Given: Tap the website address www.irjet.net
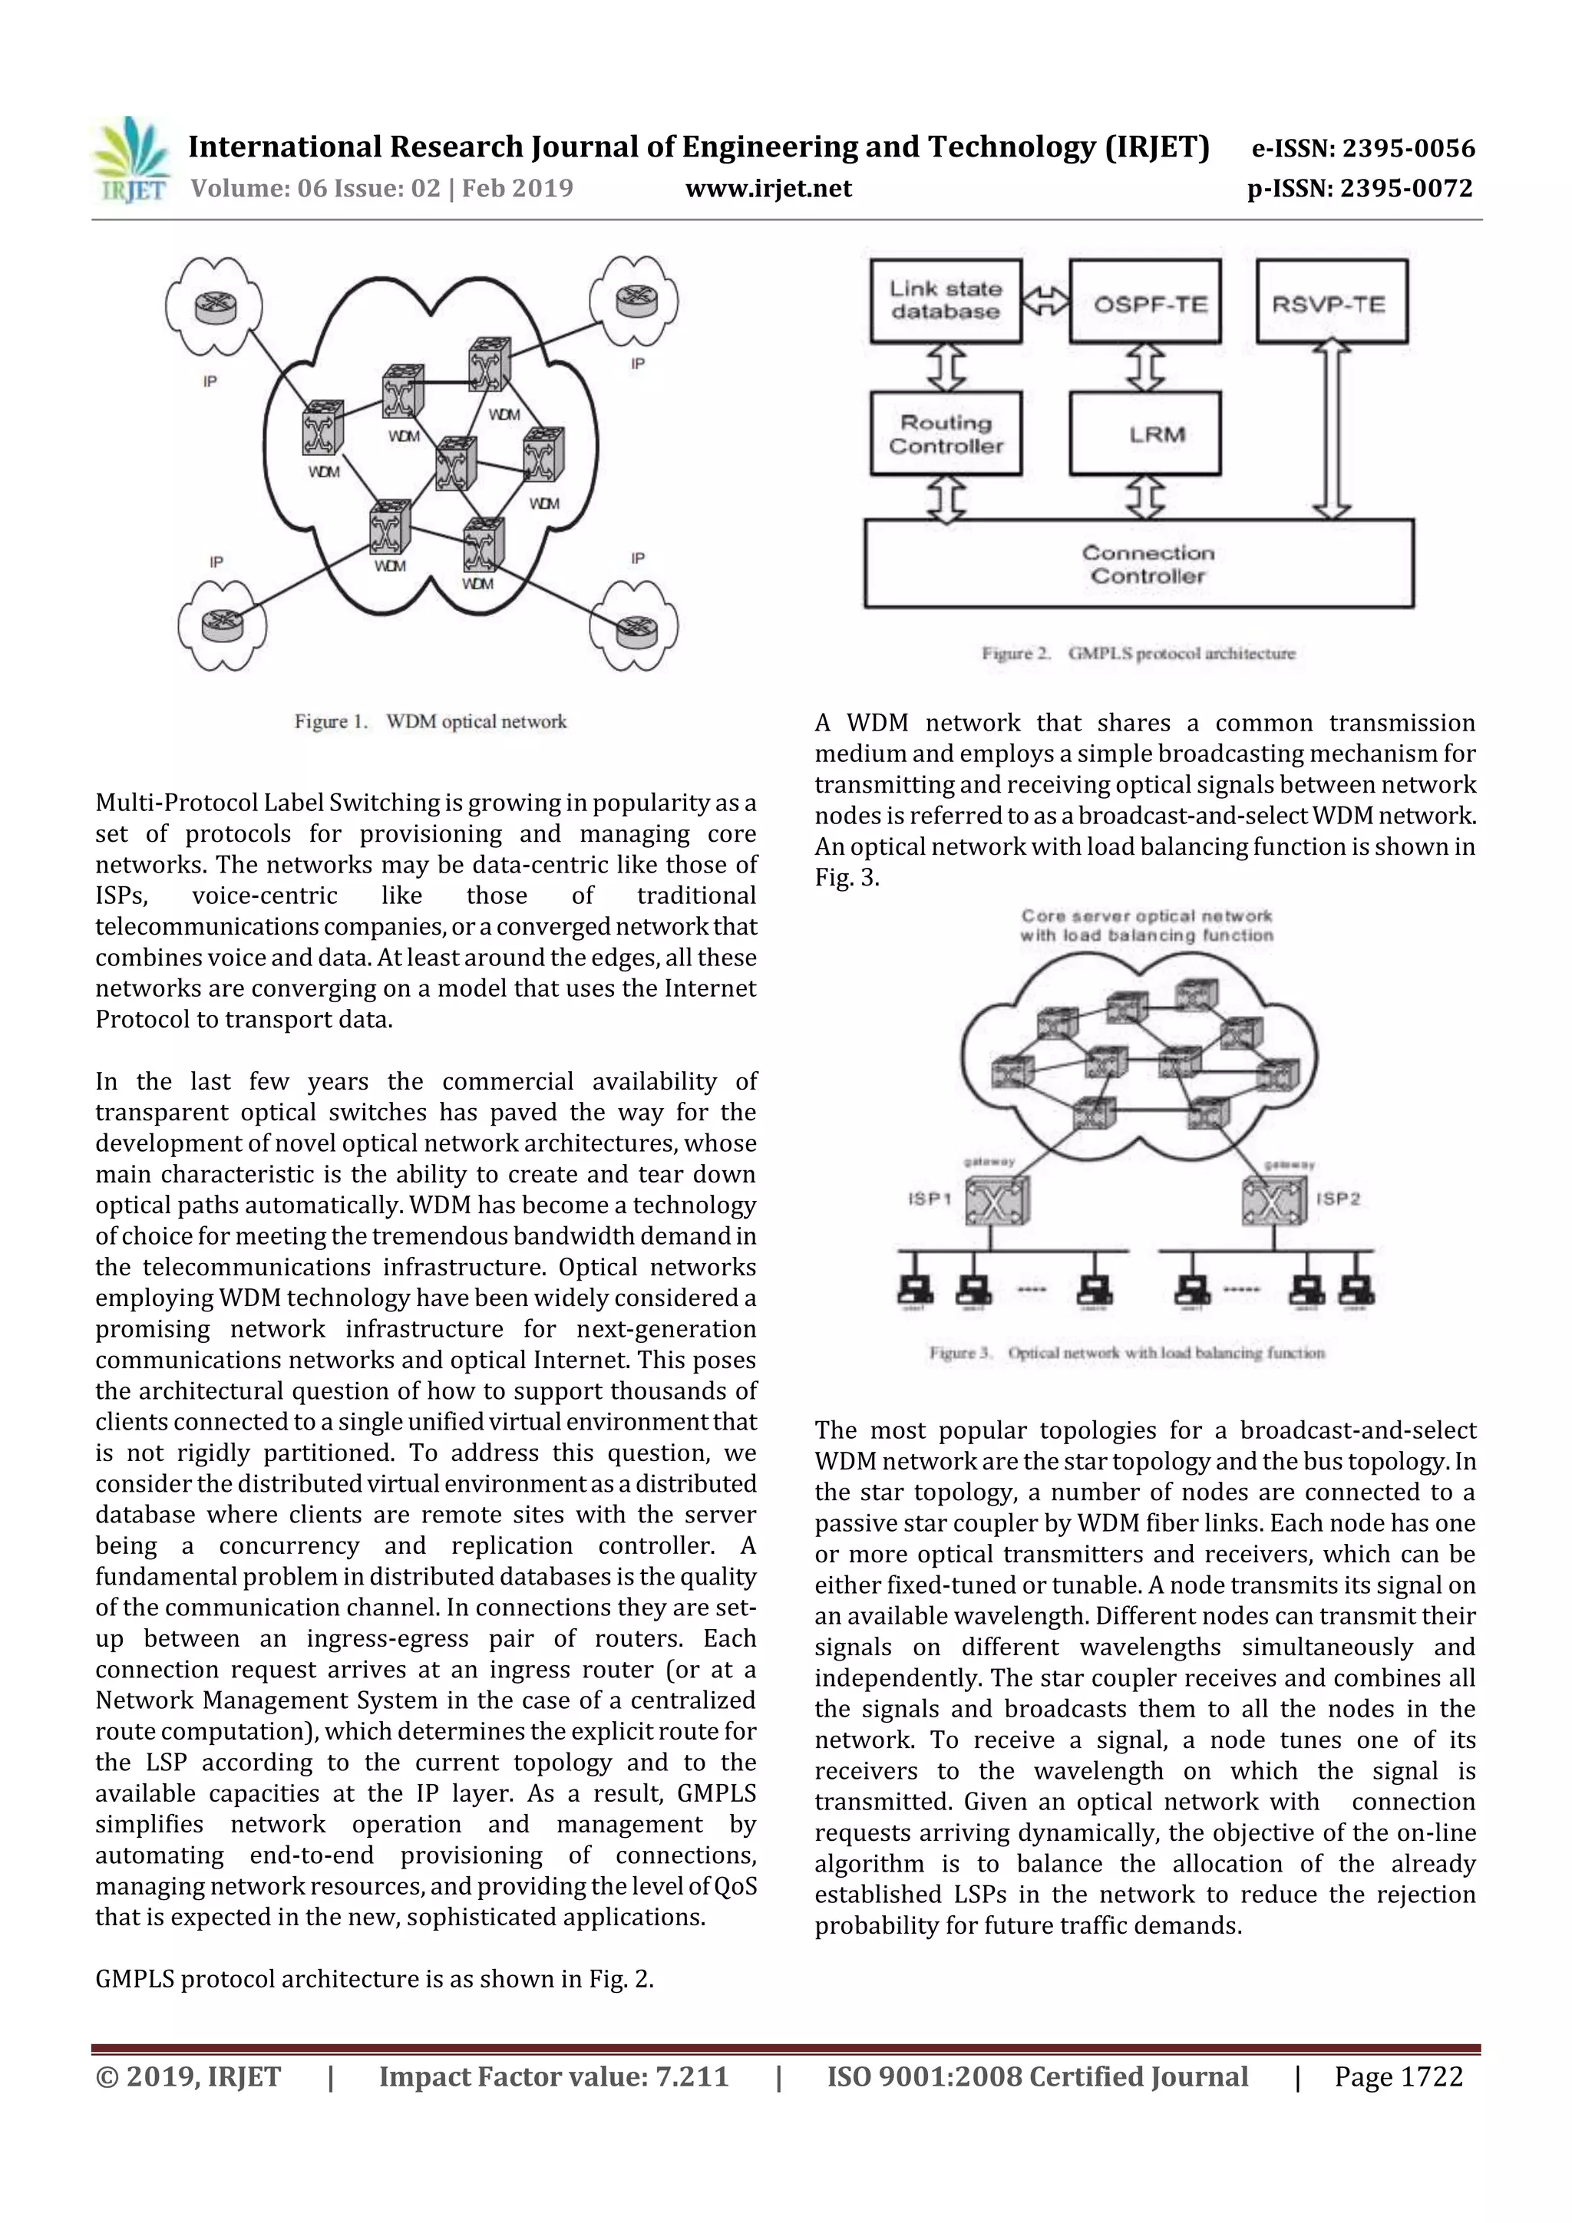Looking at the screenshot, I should pyautogui.click(x=768, y=188).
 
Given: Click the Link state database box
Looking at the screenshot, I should pyautogui.click(x=946, y=300).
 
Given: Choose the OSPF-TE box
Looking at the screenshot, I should pyautogui.click(x=1146, y=301).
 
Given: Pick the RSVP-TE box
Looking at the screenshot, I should pyautogui.click(x=1331, y=301).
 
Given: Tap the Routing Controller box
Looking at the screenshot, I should pyautogui.click(x=946, y=434).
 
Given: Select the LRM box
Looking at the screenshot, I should pyautogui.click(x=1146, y=434).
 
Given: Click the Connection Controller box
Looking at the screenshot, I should pyautogui.click(x=1139, y=563).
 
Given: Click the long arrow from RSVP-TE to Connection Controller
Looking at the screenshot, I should pyautogui.click(x=1332, y=430).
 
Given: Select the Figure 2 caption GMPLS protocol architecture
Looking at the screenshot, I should pyautogui.click(x=1138, y=654).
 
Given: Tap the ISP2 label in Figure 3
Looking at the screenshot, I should pyautogui.click(x=1338, y=1199).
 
